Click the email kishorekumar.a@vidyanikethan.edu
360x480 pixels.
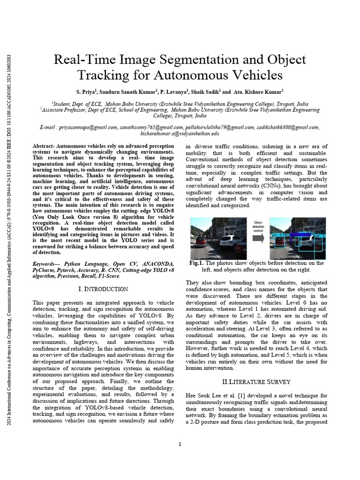pos(180,133)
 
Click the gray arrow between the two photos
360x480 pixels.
pos(258,238)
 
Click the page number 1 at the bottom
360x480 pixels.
pos(180,444)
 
